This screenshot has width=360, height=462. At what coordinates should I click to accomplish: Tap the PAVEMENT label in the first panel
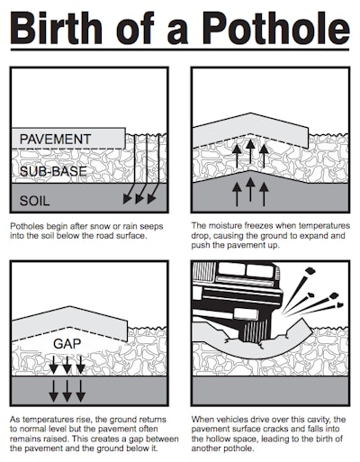[57, 140]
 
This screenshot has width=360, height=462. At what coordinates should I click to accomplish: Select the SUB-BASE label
[54, 170]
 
